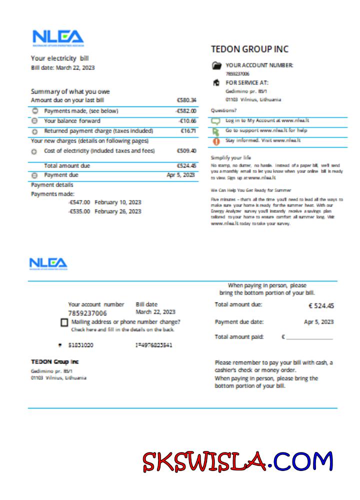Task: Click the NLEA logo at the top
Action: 58,37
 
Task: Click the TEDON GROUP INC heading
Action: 249,49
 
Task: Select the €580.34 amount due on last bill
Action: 186,100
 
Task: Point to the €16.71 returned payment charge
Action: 188,131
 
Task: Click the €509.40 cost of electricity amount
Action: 186,150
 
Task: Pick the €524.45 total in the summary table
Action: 186,165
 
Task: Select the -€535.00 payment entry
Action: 79,211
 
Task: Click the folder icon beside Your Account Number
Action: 216,65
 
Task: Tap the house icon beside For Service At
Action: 216,83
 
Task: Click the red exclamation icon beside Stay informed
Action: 216,141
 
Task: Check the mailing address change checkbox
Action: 64,322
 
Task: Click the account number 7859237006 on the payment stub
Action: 87,313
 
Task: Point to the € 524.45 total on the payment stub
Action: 321,306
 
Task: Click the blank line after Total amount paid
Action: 309,338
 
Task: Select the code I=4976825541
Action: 154,345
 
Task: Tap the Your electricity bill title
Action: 60,58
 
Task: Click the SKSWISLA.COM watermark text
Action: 238,462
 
